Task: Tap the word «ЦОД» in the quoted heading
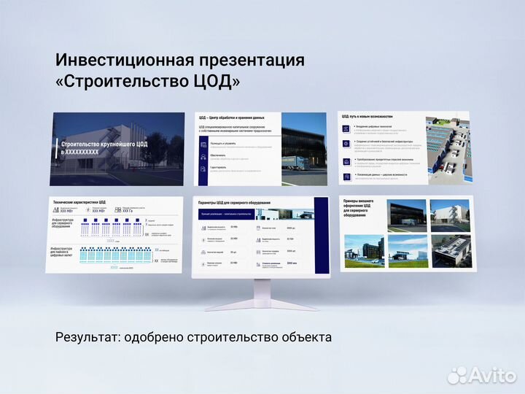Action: point(214,82)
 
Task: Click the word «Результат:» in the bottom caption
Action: point(87,337)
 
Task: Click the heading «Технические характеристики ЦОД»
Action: point(79,201)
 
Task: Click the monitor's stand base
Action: point(261,305)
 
